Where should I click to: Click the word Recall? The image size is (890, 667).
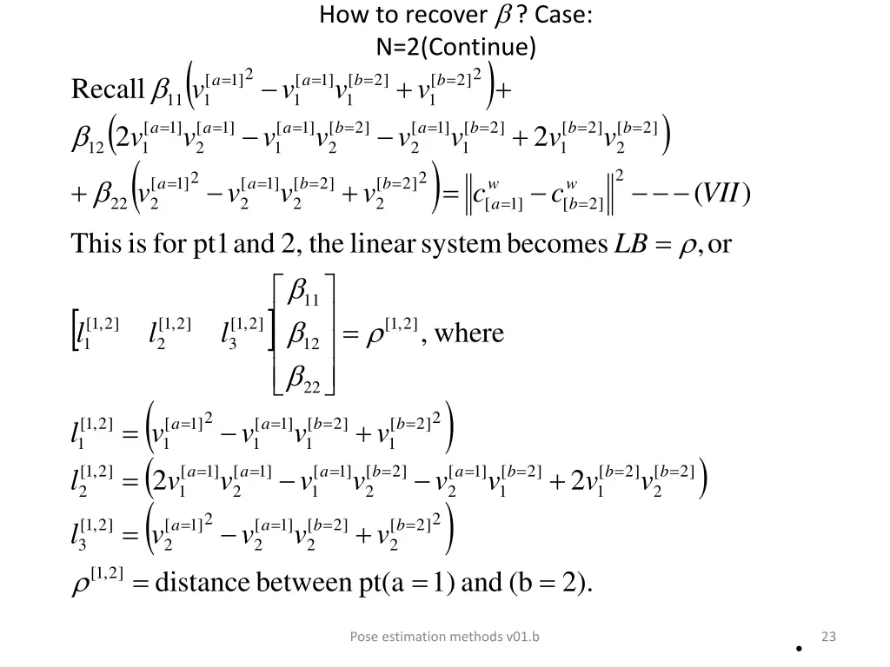click(107, 89)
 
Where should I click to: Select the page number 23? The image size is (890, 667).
click(828, 637)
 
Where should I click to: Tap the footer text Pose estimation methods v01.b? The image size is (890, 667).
click(444, 637)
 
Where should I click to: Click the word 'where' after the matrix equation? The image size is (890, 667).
click(469, 333)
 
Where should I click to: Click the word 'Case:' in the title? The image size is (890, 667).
click(565, 15)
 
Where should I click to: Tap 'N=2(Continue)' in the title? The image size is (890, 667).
click(456, 45)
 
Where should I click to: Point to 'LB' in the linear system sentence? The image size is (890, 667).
click(628, 244)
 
